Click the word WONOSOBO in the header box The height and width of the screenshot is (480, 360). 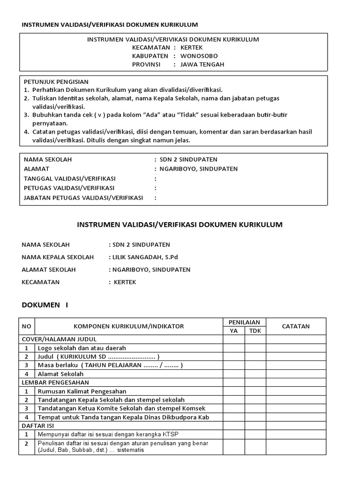click(x=199, y=56)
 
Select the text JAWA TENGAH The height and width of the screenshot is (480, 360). click(x=202, y=64)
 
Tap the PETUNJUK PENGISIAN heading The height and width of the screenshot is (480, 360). click(x=56, y=82)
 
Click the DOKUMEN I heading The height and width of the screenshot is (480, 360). click(x=45, y=305)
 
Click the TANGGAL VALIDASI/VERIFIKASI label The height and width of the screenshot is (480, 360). click(x=69, y=179)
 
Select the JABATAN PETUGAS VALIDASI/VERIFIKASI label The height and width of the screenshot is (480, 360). click(x=83, y=198)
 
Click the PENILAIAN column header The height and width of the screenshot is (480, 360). click(x=244, y=322)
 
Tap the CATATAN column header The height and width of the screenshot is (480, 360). click(x=296, y=326)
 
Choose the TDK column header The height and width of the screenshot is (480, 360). click(x=255, y=330)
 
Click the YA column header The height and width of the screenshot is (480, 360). click(x=233, y=330)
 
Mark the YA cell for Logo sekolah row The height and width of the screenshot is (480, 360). click(x=233, y=348)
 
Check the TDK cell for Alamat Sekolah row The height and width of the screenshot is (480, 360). click(x=255, y=374)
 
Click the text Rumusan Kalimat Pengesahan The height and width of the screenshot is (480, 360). click(x=82, y=391)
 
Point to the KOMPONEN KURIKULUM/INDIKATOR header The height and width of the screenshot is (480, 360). click(x=129, y=326)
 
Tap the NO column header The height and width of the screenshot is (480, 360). click(x=27, y=326)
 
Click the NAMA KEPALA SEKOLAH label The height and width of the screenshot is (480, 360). click(x=58, y=257)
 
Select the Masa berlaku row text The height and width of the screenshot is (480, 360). click(x=110, y=365)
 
